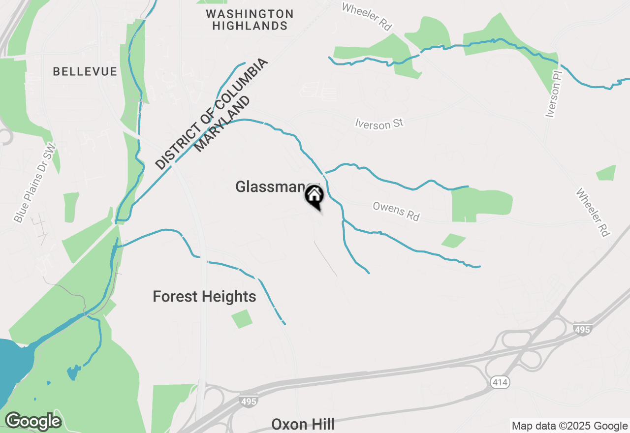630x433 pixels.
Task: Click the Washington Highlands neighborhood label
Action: coord(250,20)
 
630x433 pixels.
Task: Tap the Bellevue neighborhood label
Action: coord(85,72)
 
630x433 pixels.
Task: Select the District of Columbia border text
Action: coord(212,114)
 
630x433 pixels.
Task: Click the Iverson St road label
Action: coord(379,124)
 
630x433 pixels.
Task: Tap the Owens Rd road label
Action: coord(396,211)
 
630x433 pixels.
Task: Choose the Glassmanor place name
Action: coord(270,187)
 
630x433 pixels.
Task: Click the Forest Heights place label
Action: coord(204,297)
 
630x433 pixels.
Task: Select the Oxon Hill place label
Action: coord(303,424)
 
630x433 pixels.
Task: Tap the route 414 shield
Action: coord(501,382)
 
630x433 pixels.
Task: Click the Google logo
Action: coord(33,421)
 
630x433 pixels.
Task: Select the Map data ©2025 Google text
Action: coord(569,426)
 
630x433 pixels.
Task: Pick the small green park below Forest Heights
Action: coord(242,319)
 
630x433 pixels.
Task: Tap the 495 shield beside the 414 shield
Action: coord(582,329)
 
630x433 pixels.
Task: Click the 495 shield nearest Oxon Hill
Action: coord(249,401)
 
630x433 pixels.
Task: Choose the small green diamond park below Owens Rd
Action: coord(454,241)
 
